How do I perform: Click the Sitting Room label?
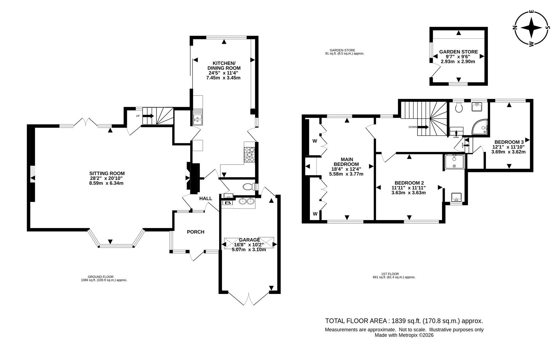pos(107,173)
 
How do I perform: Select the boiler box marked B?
pos(228,203)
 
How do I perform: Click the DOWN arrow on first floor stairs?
pos(423,127)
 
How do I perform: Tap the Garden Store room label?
pos(458,52)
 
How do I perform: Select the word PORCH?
pos(195,232)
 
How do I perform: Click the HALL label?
pos(206,198)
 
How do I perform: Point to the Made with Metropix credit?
pos(404,335)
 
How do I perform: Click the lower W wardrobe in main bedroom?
pos(315,214)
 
